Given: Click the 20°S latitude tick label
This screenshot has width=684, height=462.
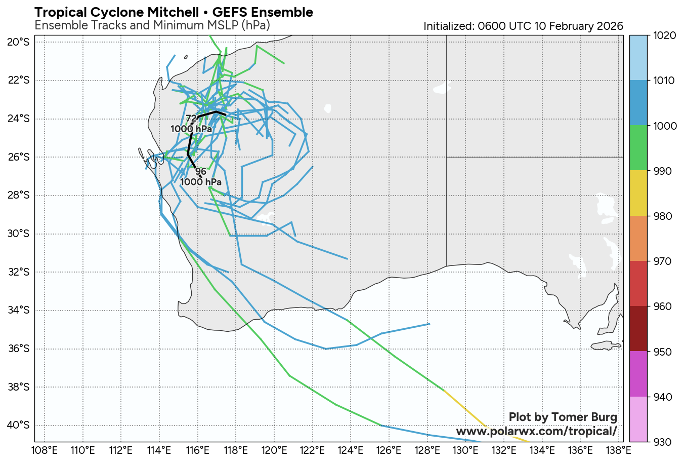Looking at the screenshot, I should [18, 42].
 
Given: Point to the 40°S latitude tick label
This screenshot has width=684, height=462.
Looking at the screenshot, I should [18, 425].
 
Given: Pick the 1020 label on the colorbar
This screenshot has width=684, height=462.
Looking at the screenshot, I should [663, 35].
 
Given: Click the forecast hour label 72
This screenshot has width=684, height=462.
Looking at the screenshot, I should [191, 119].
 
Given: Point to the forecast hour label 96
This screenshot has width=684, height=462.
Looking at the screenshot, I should [201, 172].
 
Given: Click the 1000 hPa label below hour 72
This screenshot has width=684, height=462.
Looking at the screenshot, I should [191, 129].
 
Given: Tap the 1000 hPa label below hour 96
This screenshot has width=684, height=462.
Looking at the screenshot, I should [201, 182].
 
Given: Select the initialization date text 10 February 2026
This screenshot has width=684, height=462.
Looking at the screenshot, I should [578, 26].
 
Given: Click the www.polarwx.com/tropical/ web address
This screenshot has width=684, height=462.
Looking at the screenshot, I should [536, 431].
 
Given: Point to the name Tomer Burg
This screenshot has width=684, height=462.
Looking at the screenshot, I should [584, 417].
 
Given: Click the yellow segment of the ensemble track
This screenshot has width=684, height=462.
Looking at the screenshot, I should [464, 408].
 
